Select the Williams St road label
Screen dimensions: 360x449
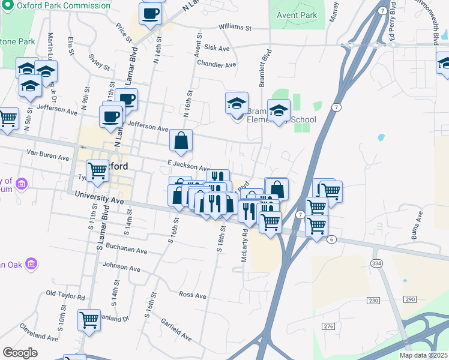click(235, 28)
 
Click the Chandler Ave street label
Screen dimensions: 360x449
click(217, 64)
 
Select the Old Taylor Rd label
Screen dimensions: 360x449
click(66, 295)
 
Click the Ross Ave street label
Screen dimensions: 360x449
click(193, 296)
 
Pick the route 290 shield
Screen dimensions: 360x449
click(410, 299)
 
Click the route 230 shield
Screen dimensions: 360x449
click(373, 301)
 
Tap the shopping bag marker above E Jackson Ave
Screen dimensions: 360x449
click(181, 141)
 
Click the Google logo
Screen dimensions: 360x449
click(20, 353)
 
